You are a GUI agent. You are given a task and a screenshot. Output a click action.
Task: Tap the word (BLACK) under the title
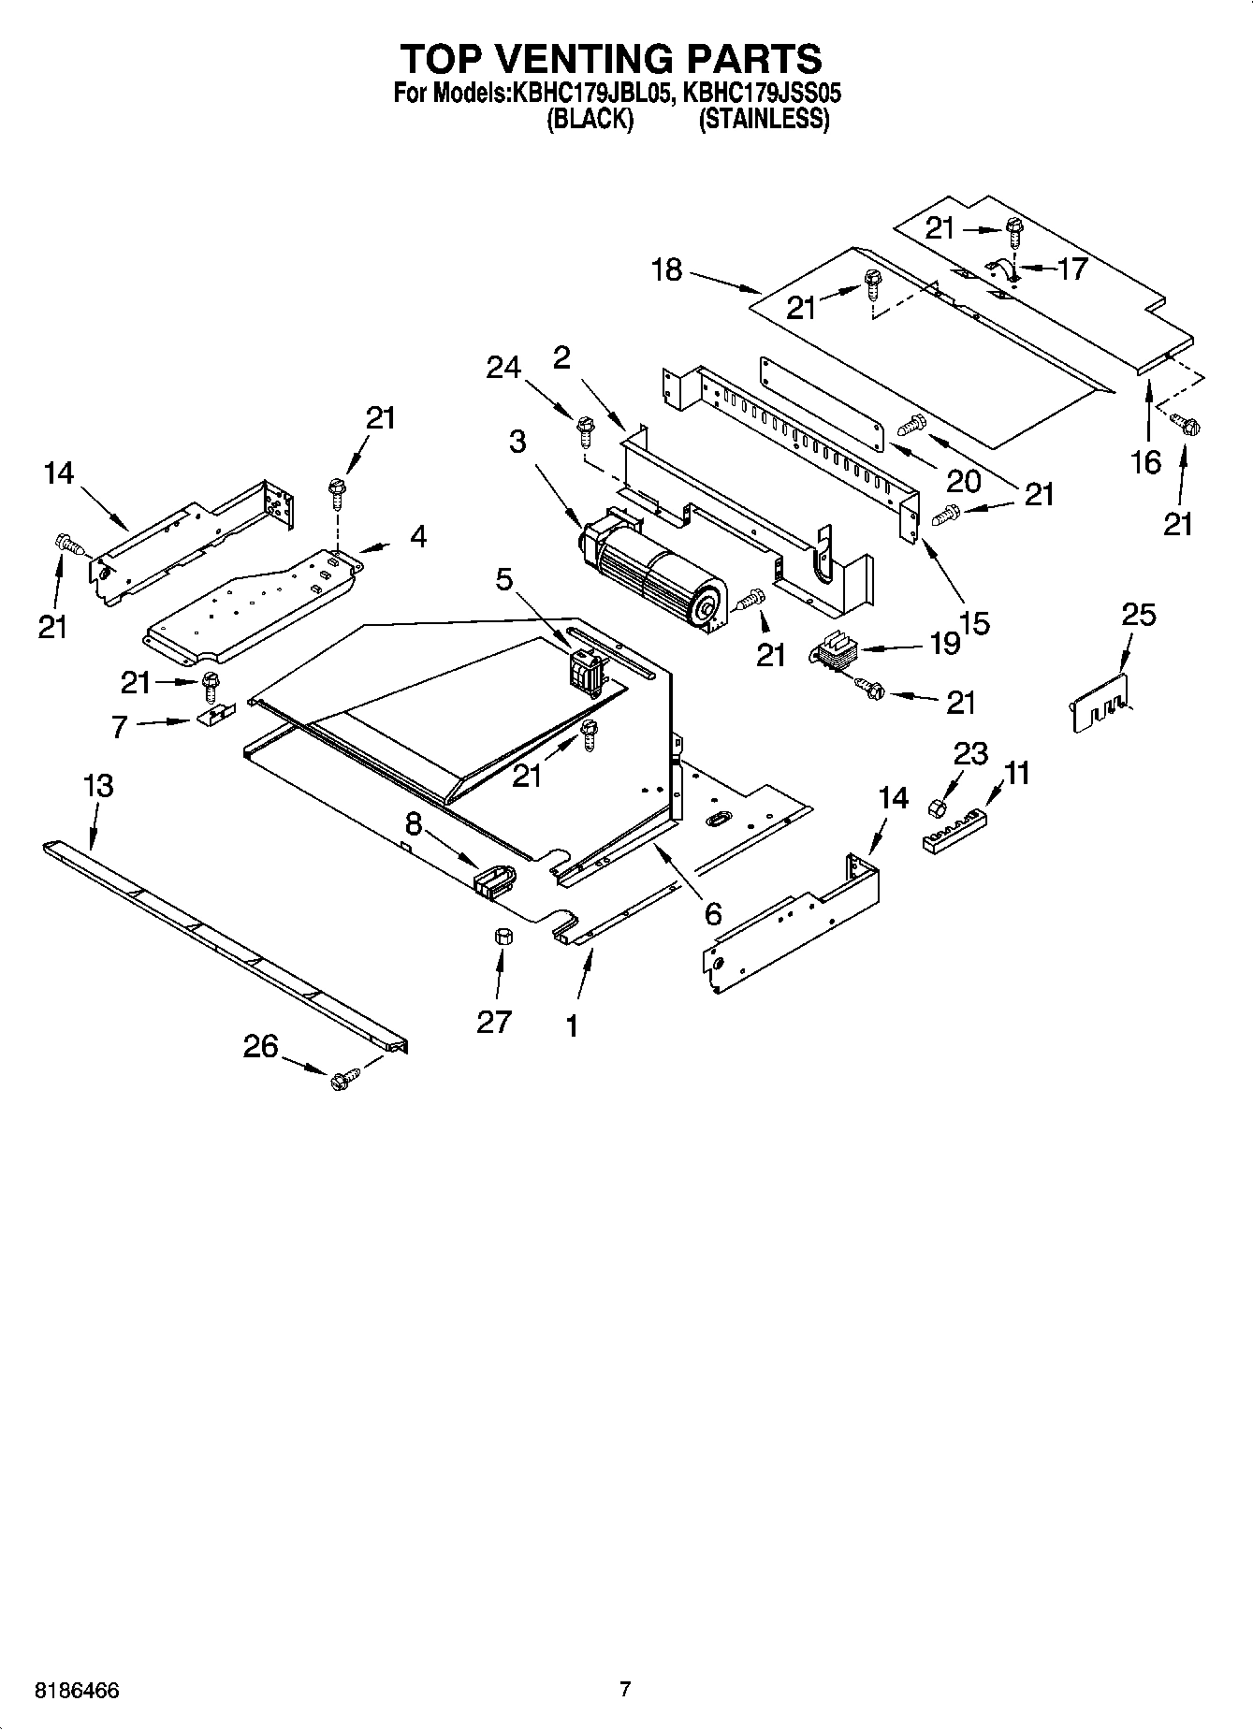(x=590, y=120)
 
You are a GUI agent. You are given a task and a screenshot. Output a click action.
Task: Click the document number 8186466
(x=77, y=1691)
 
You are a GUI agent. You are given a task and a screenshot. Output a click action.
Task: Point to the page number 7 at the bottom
(x=625, y=1689)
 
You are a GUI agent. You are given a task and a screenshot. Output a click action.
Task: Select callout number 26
(x=260, y=1045)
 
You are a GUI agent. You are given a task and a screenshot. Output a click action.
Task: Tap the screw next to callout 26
(x=343, y=1078)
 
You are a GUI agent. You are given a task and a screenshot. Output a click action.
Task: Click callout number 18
(x=666, y=271)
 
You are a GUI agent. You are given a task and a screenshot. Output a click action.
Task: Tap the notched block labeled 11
(x=954, y=831)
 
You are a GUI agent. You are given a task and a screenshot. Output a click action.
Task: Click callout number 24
(x=503, y=368)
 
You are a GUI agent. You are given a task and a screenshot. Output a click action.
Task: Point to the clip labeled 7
(x=213, y=718)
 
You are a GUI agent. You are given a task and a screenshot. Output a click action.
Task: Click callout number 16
(x=1146, y=461)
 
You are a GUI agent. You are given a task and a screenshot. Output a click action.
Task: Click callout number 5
(x=504, y=580)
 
